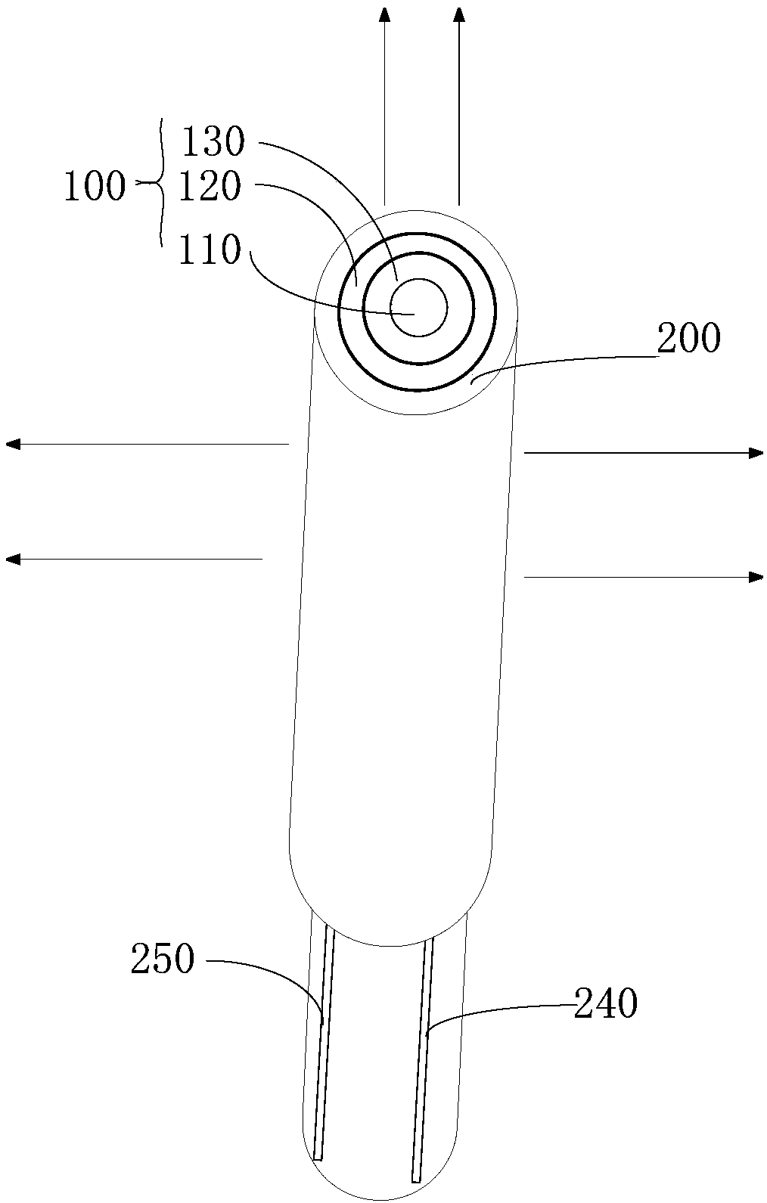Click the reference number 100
[95, 186]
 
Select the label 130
[213, 142]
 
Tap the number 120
[210, 186]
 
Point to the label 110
[210, 250]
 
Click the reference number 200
[688, 338]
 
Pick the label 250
[162, 960]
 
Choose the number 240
[606, 1003]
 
